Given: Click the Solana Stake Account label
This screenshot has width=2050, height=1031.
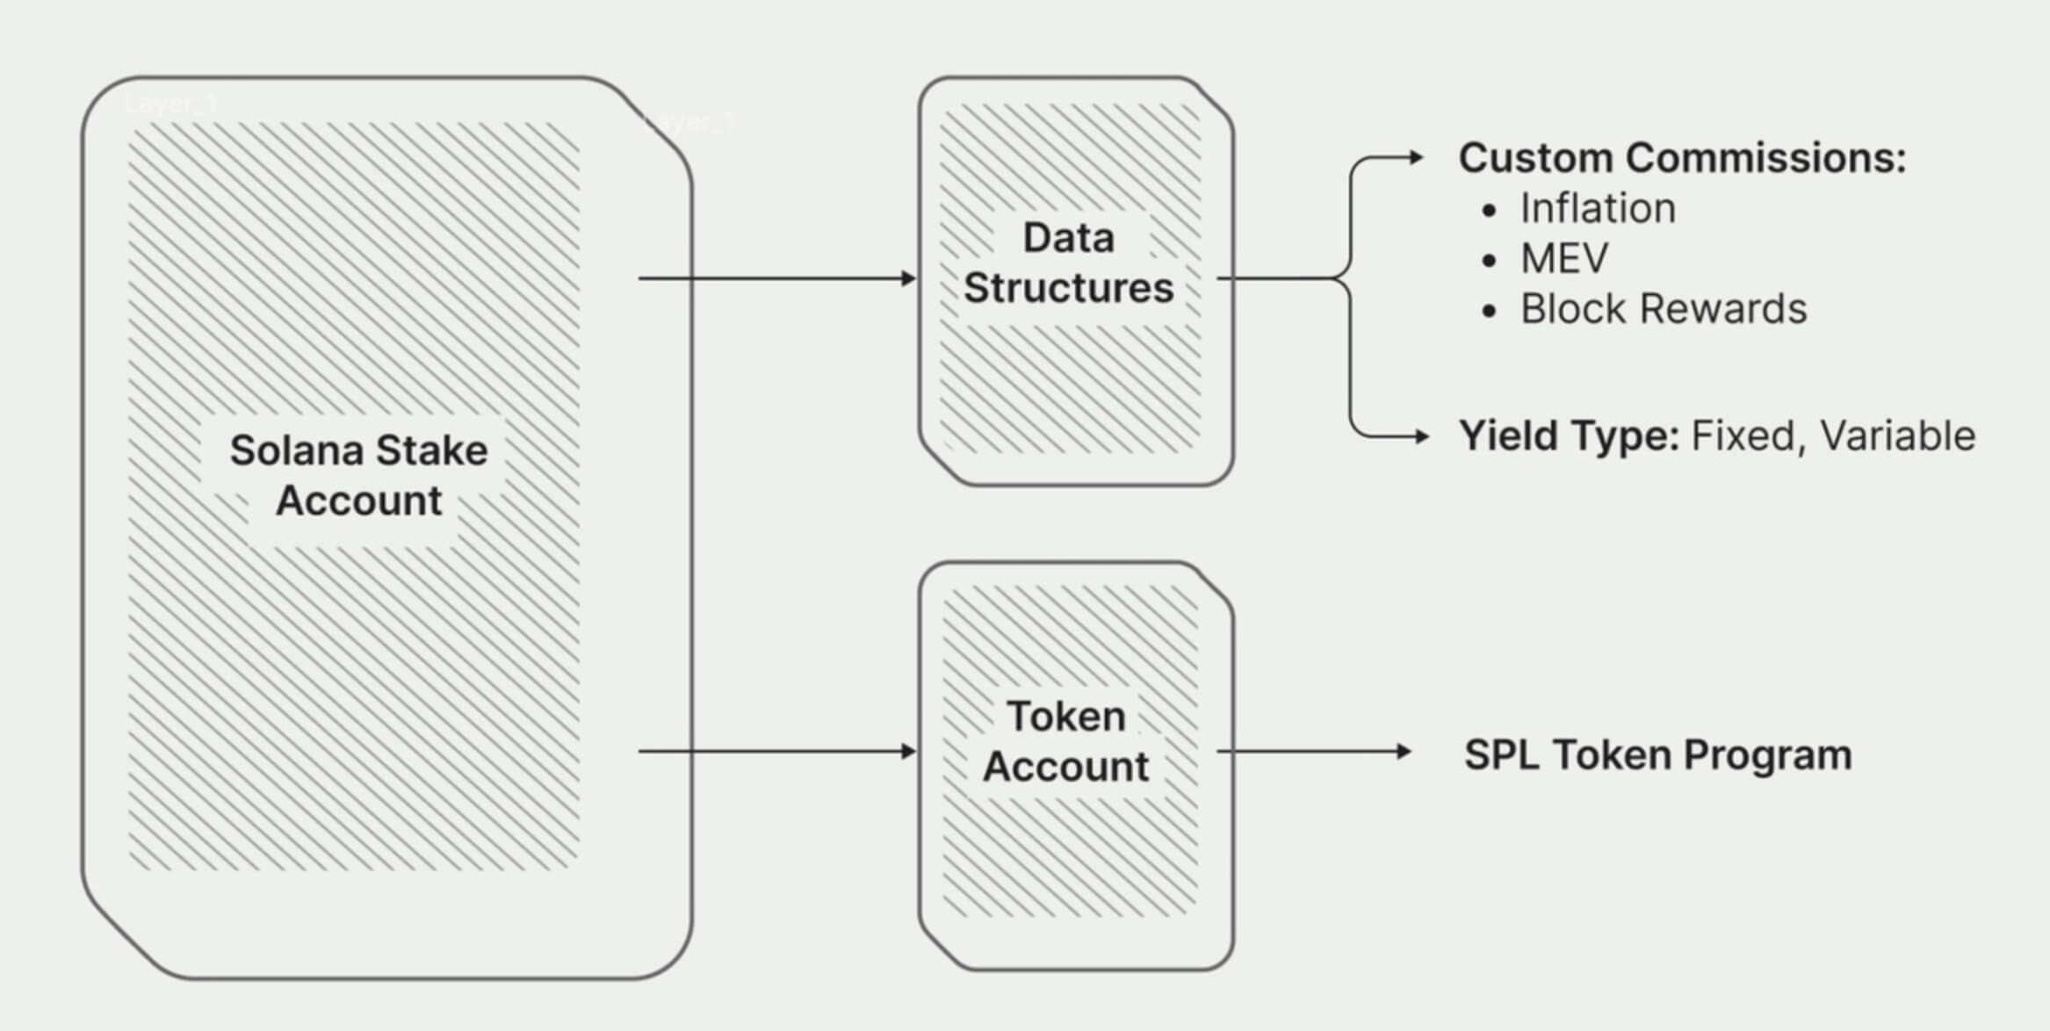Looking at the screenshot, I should [x=358, y=475].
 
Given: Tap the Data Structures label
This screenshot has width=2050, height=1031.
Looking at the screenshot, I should [x=1068, y=263].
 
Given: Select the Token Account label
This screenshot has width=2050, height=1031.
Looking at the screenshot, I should [x=1065, y=741].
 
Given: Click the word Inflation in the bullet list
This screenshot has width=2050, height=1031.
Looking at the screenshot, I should [x=1598, y=209].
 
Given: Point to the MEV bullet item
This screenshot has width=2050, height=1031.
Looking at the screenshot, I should [x=1564, y=259].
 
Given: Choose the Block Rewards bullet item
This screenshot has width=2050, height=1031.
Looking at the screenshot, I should [x=1664, y=309].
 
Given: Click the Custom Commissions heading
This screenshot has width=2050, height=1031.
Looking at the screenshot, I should [x=1682, y=159].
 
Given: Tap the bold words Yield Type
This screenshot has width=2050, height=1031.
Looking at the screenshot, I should [x=1569, y=436].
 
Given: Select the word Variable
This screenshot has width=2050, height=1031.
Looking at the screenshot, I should [x=1897, y=436].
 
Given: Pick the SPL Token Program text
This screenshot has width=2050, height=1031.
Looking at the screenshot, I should [x=1657, y=755].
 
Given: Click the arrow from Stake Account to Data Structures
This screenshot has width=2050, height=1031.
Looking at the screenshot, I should [x=777, y=278].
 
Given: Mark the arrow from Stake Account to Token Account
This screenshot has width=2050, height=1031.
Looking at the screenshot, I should [x=777, y=752].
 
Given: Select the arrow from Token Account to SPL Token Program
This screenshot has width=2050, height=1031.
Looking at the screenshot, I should [x=1313, y=752].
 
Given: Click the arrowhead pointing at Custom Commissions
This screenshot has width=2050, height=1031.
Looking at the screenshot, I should [x=1415, y=158].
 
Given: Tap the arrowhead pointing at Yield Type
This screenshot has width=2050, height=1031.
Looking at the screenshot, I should [x=1421, y=436].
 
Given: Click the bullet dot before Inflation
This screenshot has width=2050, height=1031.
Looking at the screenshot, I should [x=1488, y=211].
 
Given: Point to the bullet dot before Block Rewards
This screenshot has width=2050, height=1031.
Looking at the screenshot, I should [x=1488, y=311].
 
